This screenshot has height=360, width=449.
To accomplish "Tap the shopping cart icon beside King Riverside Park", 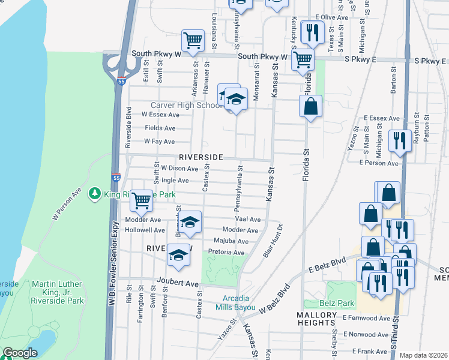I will click(x=141, y=200).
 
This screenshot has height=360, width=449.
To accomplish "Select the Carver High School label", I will click(x=187, y=105).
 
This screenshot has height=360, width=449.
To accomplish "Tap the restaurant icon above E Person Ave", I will click(x=399, y=141).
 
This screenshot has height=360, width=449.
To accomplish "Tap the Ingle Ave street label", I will click(x=175, y=180).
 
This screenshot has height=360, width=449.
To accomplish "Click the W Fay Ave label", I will click(x=158, y=142).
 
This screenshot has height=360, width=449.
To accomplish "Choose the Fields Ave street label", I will click(x=160, y=128).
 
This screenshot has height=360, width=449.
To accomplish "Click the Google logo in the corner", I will click(x=19, y=353).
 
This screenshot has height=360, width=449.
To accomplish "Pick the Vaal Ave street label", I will click(x=247, y=220).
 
